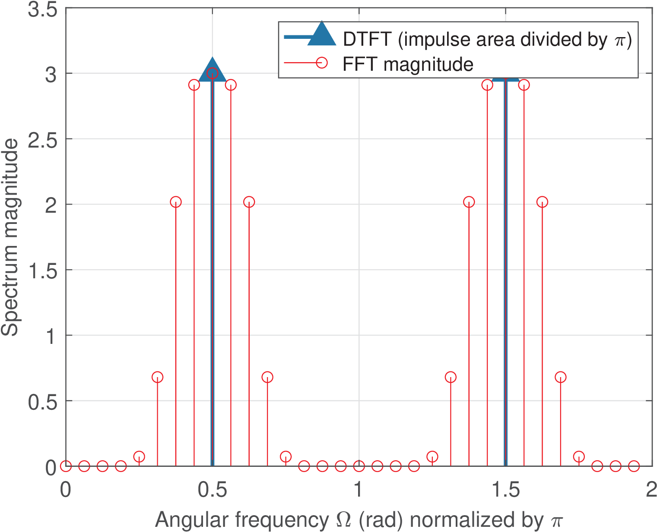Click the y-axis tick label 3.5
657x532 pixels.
click(x=42, y=9)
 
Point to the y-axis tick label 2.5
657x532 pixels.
click(x=42, y=140)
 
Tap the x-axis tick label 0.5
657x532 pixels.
click(x=212, y=491)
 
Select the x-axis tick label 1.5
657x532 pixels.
click(x=505, y=491)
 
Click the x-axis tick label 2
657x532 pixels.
click(x=651, y=491)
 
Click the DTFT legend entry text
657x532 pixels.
click(x=487, y=39)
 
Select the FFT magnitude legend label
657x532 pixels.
click(x=408, y=64)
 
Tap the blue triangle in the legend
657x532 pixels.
click(x=322, y=34)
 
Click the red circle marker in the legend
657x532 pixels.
click(x=322, y=63)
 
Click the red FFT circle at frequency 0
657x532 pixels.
click(x=66, y=466)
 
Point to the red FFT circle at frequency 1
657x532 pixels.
click(x=359, y=466)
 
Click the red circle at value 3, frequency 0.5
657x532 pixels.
click(x=212, y=73)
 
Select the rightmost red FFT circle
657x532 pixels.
click(x=634, y=466)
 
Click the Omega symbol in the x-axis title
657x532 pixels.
click(x=344, y=520)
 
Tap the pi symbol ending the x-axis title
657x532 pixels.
click(x=557, y=521)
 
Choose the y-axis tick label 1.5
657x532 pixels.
click(x=42, y=271)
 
